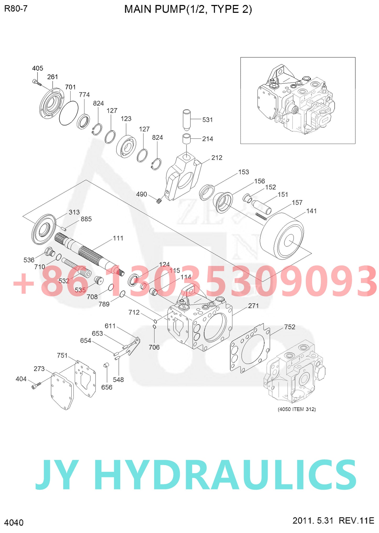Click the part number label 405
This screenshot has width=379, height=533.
click(38, 68)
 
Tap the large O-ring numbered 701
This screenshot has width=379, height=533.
click(69, 113)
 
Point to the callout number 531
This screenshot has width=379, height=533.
click(207, 120)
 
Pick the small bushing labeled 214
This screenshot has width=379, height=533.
click(186, 139)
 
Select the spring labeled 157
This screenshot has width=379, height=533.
click(261, 216)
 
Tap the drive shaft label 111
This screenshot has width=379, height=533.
click(118, 238)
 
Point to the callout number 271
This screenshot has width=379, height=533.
click(253, 306)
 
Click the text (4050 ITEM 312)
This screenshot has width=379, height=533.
click(297, 409)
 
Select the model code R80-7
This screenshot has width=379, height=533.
click(16, 9)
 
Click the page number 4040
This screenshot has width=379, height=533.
click(14, 523)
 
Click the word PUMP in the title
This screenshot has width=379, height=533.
click(170, 9)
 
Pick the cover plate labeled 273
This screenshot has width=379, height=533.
click(62, 391)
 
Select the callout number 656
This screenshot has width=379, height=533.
click(107, 387)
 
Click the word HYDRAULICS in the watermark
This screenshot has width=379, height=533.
click(227, 475)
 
